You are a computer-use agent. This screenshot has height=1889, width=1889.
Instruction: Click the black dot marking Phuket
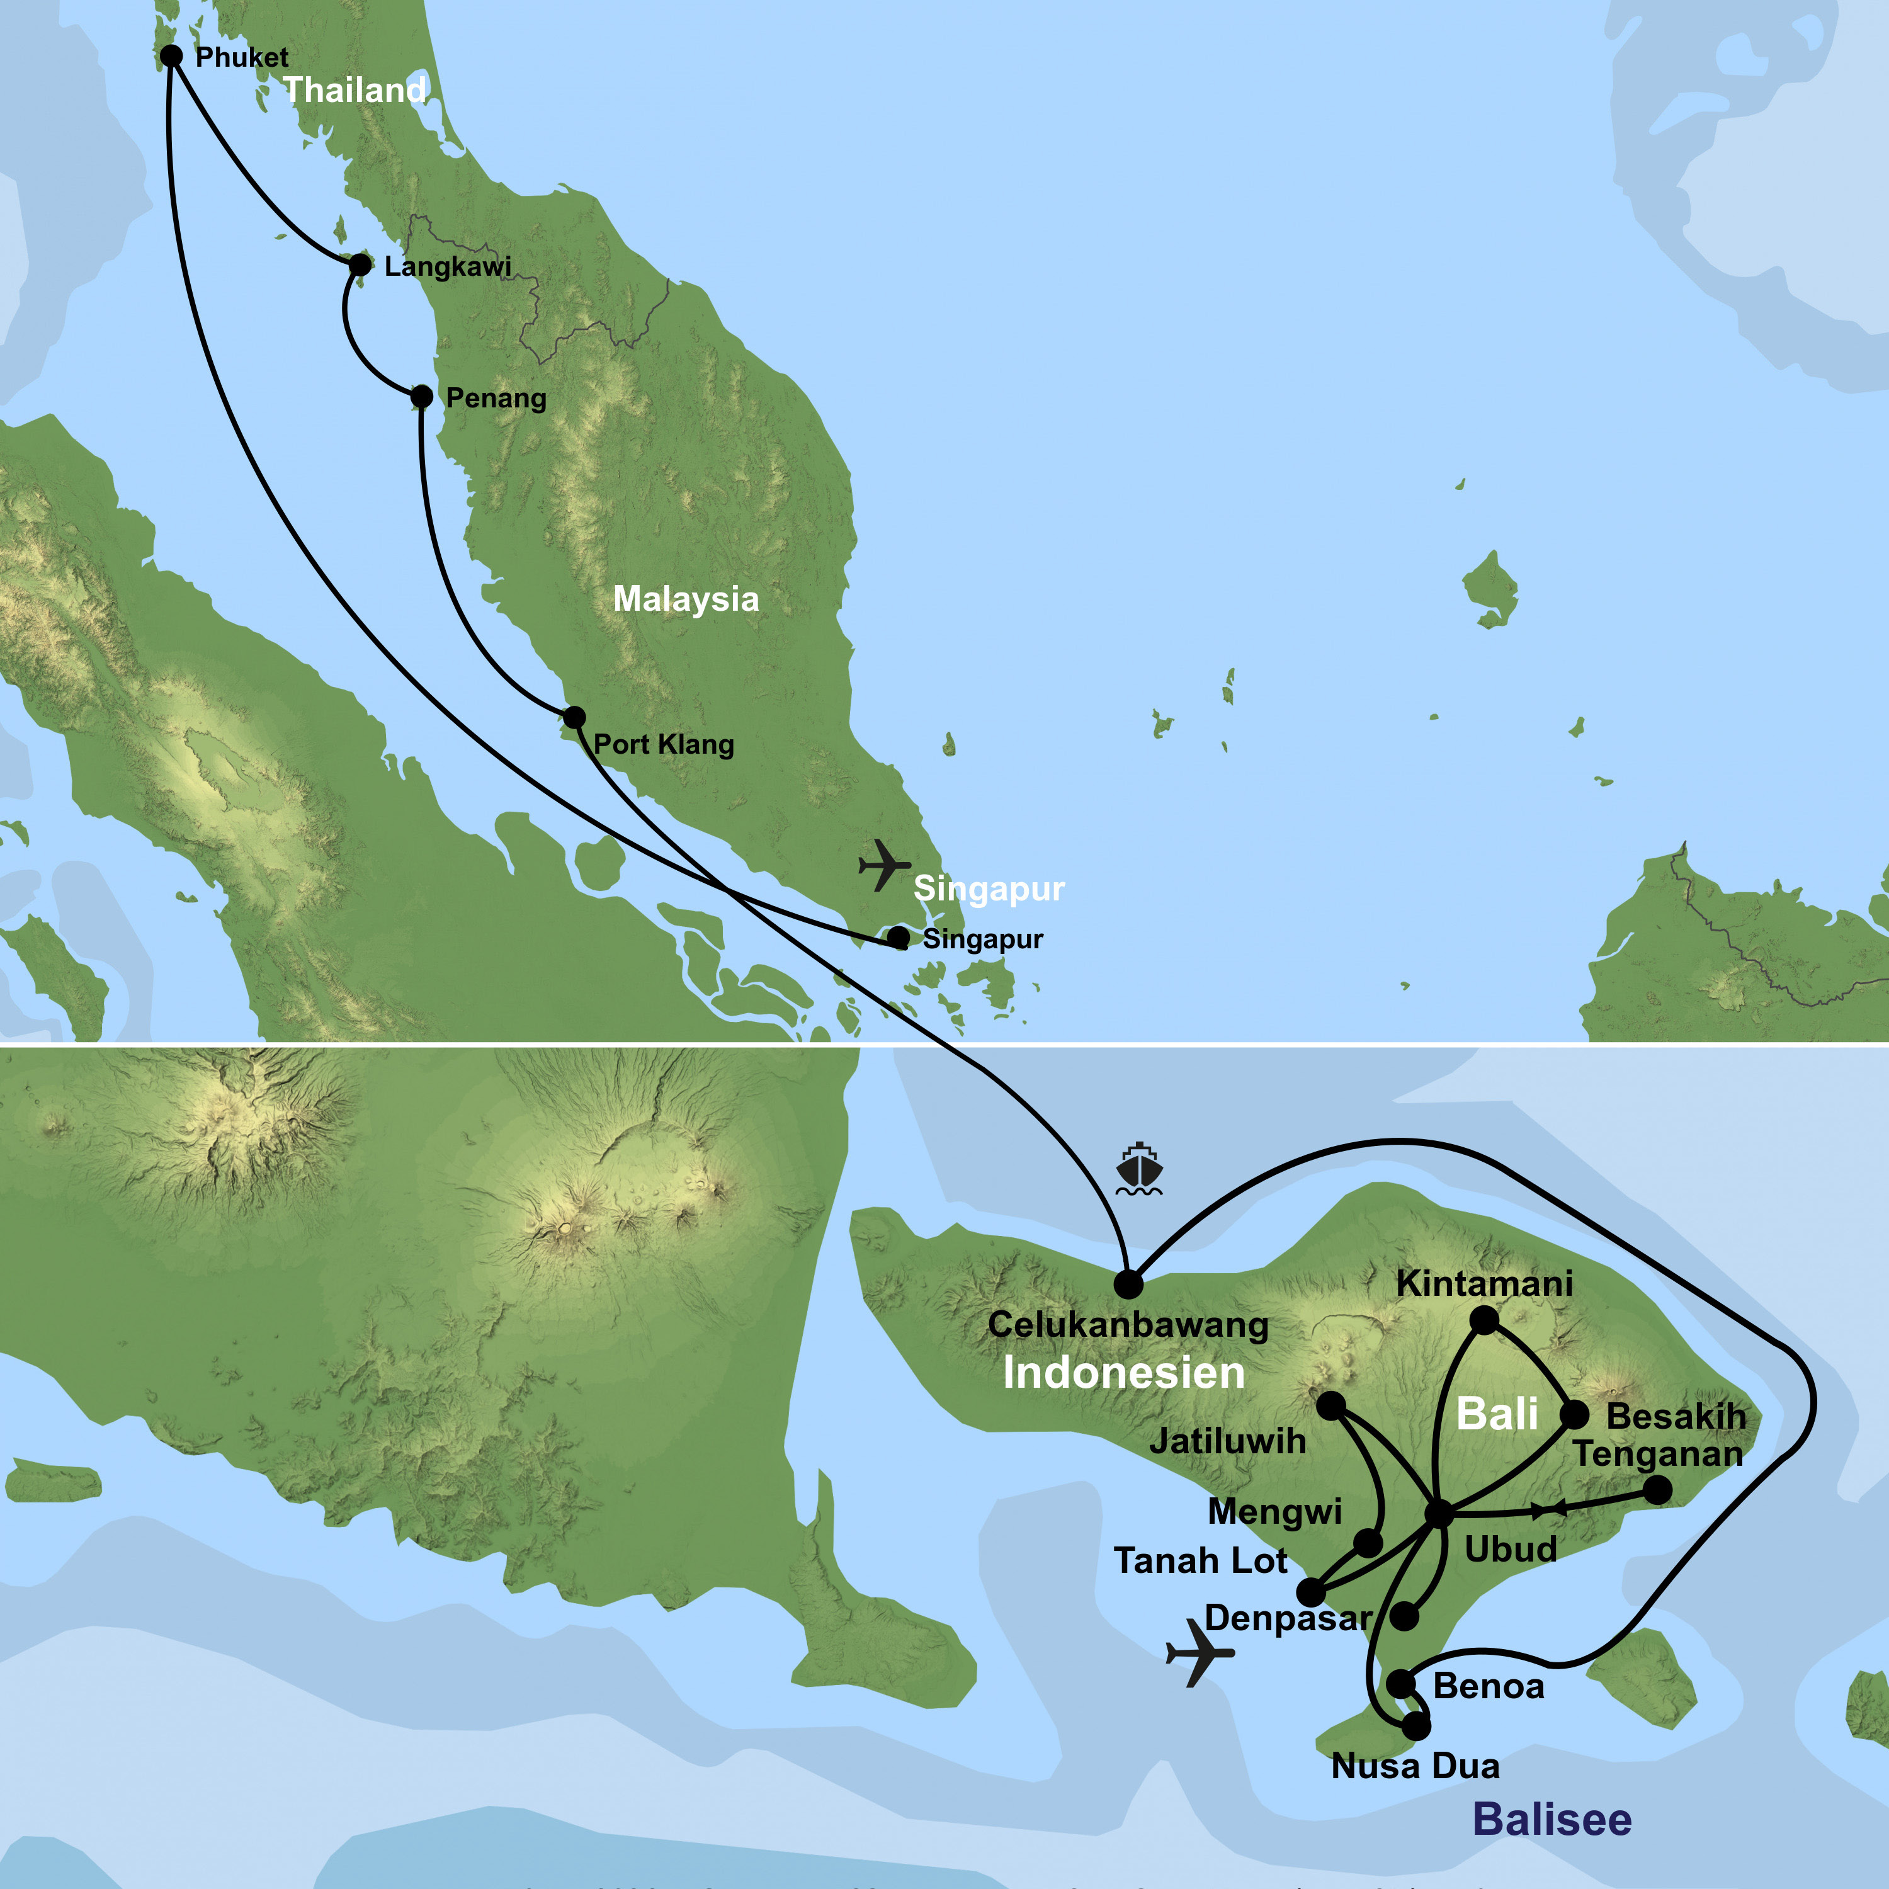tap(171, 57)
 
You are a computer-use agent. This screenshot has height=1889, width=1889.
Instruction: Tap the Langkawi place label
tap(448, 266)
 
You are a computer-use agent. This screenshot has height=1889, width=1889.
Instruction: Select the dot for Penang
tap(421, 396)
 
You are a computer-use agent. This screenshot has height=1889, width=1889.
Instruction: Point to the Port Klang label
tap(663, 744)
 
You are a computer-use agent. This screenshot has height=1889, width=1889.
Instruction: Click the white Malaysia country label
tap(686, 598)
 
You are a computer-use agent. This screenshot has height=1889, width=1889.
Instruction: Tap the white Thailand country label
tap(355, 90)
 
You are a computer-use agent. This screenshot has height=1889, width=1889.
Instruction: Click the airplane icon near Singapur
tap(884, 865)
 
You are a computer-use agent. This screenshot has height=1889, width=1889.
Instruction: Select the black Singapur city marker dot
tap(897, 938)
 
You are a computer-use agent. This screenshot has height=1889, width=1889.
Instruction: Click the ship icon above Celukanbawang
tap(1139, 1169)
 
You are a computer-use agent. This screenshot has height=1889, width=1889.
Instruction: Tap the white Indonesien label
tap(1123, 1373)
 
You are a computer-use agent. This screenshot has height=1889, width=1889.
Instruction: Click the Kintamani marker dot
tap(1484, 1321)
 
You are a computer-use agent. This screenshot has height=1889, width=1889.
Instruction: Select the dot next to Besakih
tap(1574, 1414)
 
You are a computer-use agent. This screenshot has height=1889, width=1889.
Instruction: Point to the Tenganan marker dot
tap(1657, 1490)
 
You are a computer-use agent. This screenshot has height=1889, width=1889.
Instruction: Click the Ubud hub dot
tap(1438, 1514)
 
